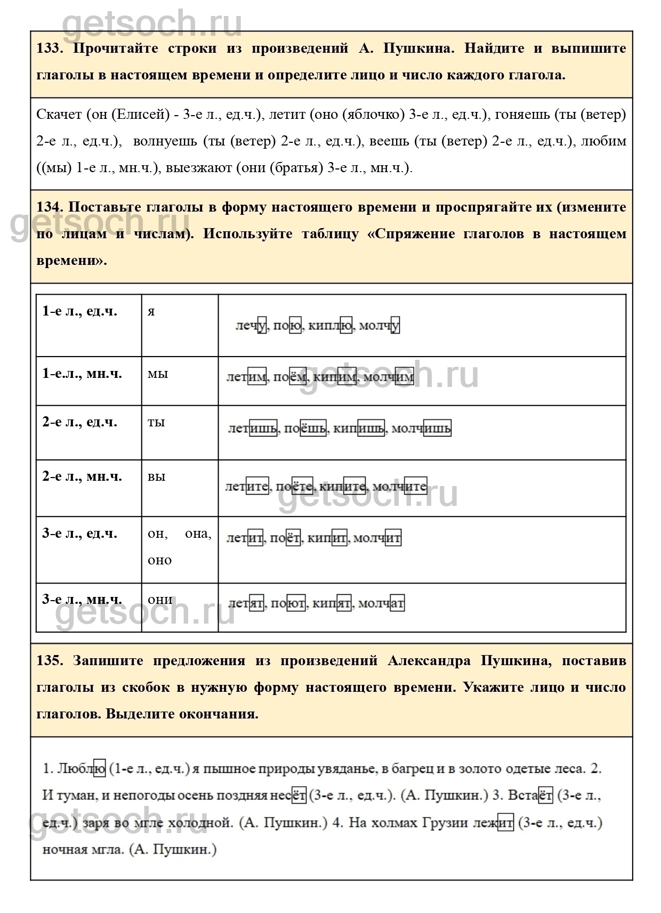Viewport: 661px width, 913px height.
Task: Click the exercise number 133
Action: (x=49, y=49)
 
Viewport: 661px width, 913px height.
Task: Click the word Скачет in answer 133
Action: (x=59, y=115)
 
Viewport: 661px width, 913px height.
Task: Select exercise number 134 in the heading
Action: (x=49, y=207)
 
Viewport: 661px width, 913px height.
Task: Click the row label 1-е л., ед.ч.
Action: (x=79, y=311)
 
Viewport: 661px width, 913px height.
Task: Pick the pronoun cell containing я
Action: (x=151, y=312)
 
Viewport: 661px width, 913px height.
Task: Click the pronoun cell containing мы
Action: (x=158, y=374)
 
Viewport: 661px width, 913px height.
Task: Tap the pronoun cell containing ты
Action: (x=156, y=423)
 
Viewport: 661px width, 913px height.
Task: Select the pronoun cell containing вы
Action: (x=157, y=476)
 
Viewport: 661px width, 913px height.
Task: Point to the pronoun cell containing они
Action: (x=160, y=600)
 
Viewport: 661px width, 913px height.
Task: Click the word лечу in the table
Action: (x=251, y=326)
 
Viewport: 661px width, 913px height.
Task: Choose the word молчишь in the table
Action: (x=421, y=429)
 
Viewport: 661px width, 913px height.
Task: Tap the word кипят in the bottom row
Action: (x=332, y=604)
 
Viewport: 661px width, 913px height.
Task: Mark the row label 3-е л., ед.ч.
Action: (x=79, y=534)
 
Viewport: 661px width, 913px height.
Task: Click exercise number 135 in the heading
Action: (x=49, y=661)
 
